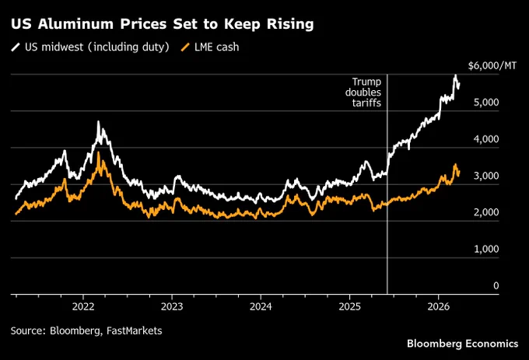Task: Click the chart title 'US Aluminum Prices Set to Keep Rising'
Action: click(x=163, y=24)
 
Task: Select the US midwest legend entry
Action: click(x=90, y=47)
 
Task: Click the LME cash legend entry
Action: click(x=210, y=47)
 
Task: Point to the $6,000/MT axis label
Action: click(x=492, y=66)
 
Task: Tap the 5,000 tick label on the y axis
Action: click(x=486, y=103)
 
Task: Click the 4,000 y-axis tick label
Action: click(x=486, y=139)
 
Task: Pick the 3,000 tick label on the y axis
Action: click(x=486, y=176)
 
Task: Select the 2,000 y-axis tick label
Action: click(x=486, y=212)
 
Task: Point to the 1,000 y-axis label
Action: click(x=486, y=249)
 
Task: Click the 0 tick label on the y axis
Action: click(x=496, y=286)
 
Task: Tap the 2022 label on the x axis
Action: click(x=83, y=306)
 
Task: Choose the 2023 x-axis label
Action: click(x=172, y=306)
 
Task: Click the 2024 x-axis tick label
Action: click(x=261, y=306)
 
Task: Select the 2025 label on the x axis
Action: click(x=350, y=306)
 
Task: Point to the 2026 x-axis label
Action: click(x=439, y=306)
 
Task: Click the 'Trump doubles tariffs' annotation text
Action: click(x=363, y=92)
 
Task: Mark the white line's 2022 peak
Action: click(x=98, y=121)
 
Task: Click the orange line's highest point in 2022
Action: click(x=98, y=152)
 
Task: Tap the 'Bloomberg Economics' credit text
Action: click(x=463, y=344)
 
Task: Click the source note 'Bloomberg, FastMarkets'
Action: click(x=106, y=331)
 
